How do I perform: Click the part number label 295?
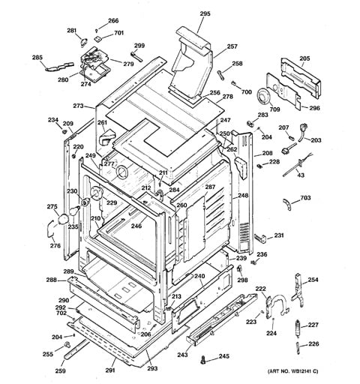(x=205, y=13)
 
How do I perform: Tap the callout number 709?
(x=274, y=109)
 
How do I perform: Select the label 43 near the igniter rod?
(x=301, y=175)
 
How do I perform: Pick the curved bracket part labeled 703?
(x=286, y=204)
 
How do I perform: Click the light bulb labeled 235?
(x=74, y=211)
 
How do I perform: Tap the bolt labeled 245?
(x=202, y=361)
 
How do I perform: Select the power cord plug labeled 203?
(x=301, y=132)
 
